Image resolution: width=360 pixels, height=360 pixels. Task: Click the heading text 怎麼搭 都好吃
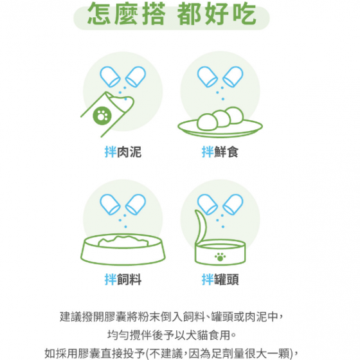[x=172, y=14]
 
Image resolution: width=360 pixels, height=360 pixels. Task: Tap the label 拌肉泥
[x=123, y=152]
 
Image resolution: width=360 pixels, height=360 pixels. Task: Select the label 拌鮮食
[x=220, y=152]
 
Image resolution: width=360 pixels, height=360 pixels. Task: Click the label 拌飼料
[x=123, y=280]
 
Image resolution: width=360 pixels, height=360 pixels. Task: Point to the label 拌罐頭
[x=220, y=280]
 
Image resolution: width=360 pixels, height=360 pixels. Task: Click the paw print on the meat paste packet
[x=102, y=116]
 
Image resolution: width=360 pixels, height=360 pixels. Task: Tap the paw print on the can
[x=220, y=257]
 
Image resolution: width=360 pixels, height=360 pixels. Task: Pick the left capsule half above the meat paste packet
[x=110, y=76]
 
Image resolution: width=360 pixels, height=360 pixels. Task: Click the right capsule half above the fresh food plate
[x=233, y=76]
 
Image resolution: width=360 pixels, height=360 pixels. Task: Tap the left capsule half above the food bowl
[x=110, y=204]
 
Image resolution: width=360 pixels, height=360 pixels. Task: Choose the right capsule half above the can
[x=233, y=204]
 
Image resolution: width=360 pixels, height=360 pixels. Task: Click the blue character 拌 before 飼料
[x=110, y=280]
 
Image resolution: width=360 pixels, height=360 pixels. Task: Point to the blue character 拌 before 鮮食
[x=208, y=152]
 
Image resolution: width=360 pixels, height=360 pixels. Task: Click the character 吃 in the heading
[x=244, y=14]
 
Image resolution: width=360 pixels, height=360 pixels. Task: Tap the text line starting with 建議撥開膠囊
[x=172, y=317]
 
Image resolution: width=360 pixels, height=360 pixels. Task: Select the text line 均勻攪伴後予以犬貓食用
[x=172, y=335]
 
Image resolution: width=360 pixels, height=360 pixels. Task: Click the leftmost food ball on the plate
[x=207, y=122]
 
